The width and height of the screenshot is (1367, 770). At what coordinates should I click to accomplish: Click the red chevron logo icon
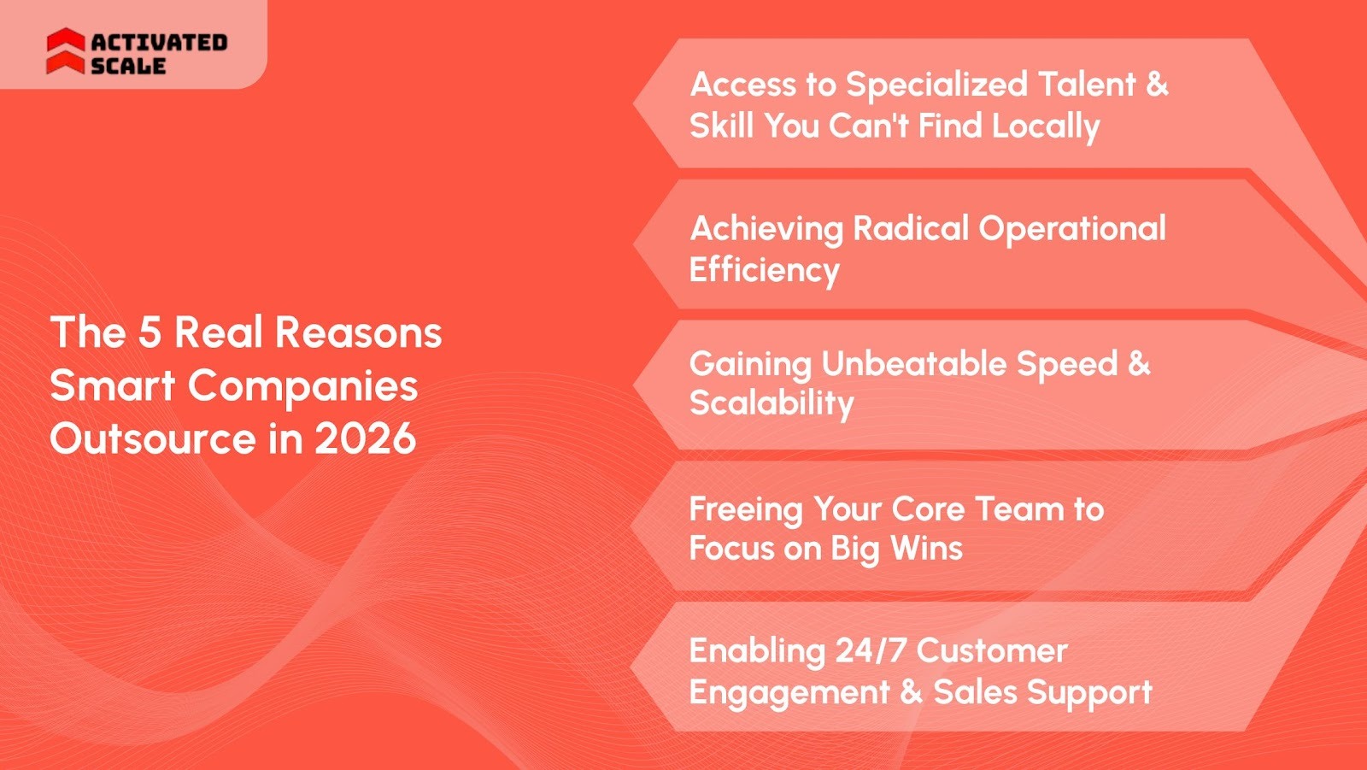pyautogui.click(x=65, y=51)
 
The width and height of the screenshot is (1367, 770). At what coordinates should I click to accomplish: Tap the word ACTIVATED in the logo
pyautogui.click(x=159, y=42)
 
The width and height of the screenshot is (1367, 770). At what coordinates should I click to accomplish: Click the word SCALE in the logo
pyautogui.click(x=128, y=66)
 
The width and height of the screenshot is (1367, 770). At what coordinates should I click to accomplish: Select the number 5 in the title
pyautogui.click(x=150, y=332)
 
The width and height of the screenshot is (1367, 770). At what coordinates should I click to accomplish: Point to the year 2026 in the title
pyautogui.click(x=365, y=438)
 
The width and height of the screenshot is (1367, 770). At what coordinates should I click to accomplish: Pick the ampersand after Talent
pyautogui.click(x=1158, y=85)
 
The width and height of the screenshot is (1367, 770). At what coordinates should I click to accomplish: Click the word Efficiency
pyautogui.click(x=765, y=270)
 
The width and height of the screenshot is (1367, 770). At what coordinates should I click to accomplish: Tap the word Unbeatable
pyautogui.click(x=913, y=364)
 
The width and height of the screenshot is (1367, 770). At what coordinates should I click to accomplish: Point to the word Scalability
pyautogui.click(x=772, y=403)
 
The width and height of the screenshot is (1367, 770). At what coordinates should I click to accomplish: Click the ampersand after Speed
pyautogui.click(x=1139, y=363)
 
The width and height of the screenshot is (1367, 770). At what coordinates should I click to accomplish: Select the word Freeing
pyautogui.click(x=746, y=509)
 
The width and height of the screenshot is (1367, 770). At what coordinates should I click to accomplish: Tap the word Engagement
pyautogui.click(x=789, y=692)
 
